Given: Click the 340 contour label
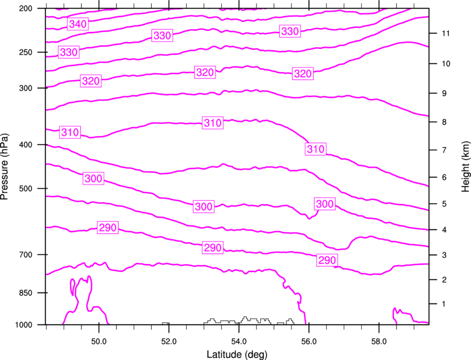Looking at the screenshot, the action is (78, 24).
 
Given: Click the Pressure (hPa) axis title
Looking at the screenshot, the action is (4, 166).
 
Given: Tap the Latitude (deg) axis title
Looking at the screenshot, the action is (237, 354).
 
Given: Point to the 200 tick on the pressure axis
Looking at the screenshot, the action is (25, 8).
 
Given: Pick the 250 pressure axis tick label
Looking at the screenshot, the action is (25, 52).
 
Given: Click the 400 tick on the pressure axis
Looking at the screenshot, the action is (25, 145).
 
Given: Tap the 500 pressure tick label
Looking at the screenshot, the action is (25, 188).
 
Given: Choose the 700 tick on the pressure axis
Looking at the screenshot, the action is (25, 255).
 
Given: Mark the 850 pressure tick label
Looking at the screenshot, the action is (25, 293).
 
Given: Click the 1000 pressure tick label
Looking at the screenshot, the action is (23, 325).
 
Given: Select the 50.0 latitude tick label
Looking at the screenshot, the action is (99, 342).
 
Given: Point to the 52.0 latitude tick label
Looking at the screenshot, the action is (169, 342).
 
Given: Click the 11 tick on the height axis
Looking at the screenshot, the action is (446, 33).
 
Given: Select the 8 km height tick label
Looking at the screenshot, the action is (444, 122).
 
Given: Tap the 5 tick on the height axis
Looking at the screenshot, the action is (444, 204).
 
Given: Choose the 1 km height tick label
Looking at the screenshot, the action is (444, 304).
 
